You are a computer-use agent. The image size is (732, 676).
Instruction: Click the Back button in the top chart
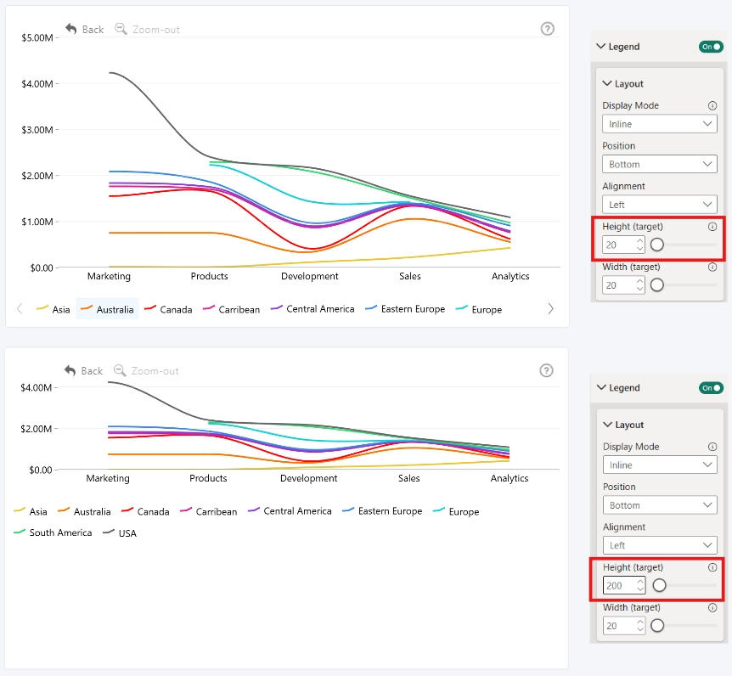click(85, 30)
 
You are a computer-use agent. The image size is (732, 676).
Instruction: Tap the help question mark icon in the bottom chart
click(546, 370)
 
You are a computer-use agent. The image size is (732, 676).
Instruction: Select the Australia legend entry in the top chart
click(107, 309)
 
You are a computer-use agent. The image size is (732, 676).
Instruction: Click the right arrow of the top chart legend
click(551, 308)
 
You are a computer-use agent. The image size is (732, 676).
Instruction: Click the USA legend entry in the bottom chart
click(120, 532)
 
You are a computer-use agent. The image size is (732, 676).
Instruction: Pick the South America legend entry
click(53, 532)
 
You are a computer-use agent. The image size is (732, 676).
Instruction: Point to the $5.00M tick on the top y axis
click(37, 38)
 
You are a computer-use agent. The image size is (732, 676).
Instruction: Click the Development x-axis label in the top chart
click(309, 276)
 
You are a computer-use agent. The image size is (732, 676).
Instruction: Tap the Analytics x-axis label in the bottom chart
click(510, 478)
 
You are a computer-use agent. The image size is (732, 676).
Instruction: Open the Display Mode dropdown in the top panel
click(660, 124)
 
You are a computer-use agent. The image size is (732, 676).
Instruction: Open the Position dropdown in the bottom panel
click(660, 505)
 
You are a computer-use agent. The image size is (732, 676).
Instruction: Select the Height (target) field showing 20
click(623, 245)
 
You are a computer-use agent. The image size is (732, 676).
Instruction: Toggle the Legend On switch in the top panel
click(711, 47)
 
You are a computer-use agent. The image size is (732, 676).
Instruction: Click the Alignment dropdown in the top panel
click(660, 205)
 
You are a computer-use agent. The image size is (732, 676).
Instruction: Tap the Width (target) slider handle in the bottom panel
click(657, 626)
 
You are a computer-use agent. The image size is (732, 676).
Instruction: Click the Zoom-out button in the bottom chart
click(146, 370)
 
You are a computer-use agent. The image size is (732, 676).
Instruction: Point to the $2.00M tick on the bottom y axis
click(36, 429)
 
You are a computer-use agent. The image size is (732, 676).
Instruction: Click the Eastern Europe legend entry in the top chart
click(405, 309)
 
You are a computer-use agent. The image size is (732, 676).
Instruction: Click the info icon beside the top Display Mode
click(712, 105)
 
